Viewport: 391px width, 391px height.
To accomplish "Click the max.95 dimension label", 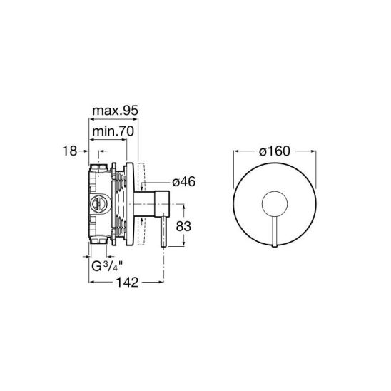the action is [x=115, y=111].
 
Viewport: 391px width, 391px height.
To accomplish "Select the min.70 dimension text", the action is [x=113, y=131].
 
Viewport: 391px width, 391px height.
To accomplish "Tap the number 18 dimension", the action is [x=70, y=151].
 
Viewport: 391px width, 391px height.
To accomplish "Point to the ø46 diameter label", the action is [x=184, y=181].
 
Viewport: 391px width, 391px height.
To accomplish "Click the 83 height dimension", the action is [x=183, y=226].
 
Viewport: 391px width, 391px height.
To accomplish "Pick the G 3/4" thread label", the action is [x=107, y=266].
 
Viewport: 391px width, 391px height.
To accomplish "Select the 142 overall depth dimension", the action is [x=127, y=283].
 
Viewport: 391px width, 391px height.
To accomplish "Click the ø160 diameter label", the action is [x=275, y=151].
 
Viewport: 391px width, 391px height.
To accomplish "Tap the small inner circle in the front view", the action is [x=275, y=192].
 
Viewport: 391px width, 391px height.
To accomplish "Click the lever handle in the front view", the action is [x=275, y=231].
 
